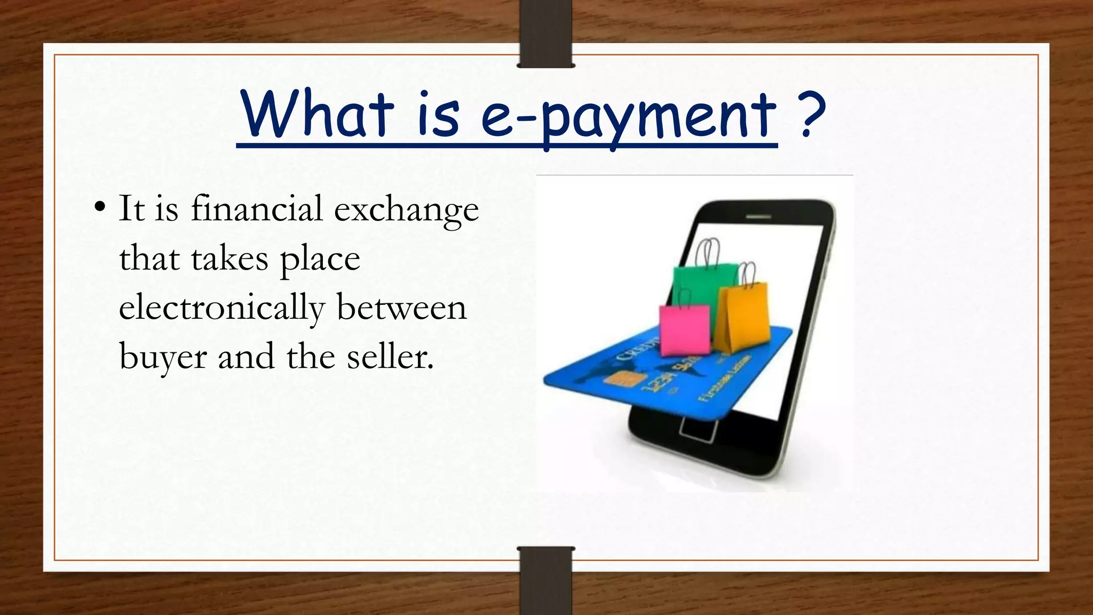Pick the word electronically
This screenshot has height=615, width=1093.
pyautogui.click(x=221, y=309)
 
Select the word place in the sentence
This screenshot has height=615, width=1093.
pyautogui.click(x=320, y=260)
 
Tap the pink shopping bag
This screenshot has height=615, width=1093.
pyautogui.click(x=685, y=329)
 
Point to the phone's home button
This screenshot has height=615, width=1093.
pyautogui.click(x=698, y=429)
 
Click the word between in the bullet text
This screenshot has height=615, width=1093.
pyautogui.click(x=401, y=309)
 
